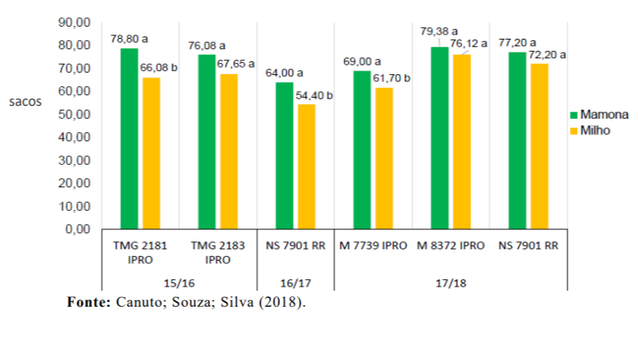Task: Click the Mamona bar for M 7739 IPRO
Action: pyautogui.click(x=362, y=150)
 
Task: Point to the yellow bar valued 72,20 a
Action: pyautogui.click(x=538, y=146)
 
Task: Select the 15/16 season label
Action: pyautogui.click(x=179, y=283)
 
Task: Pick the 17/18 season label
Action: pyautogui.click(x=451, y=283)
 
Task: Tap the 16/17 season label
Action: pyautogui.click(x=295, y=283)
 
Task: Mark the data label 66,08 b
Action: pyautogui.click(x=160, y=67)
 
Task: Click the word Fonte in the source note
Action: pyautogui.click(x=87, y=303)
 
